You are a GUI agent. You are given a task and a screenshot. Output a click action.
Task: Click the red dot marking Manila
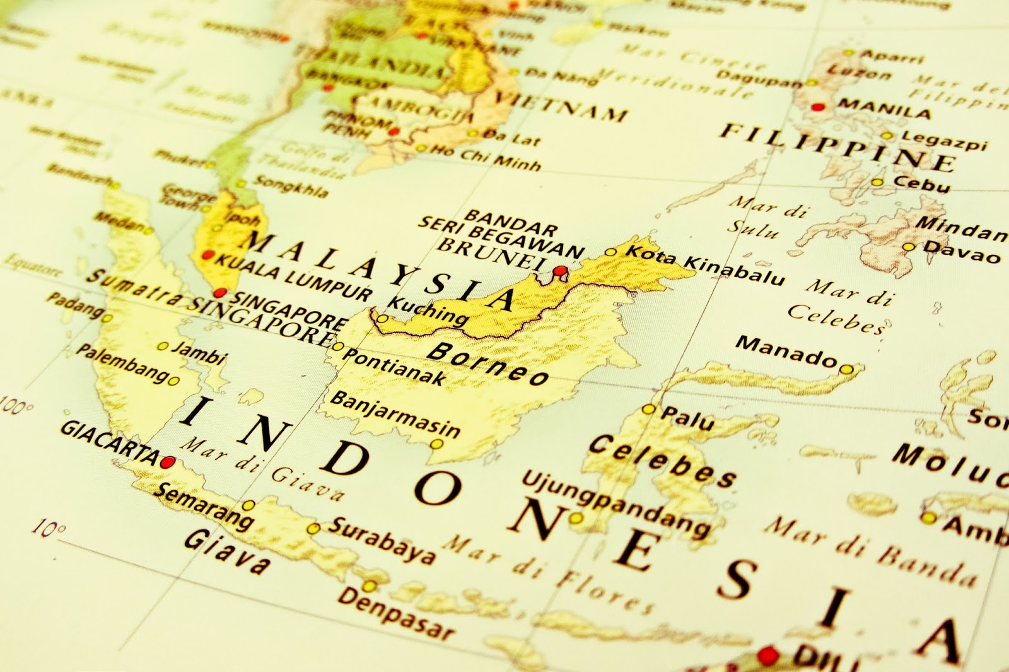pyautogui.click(x=818, y=107)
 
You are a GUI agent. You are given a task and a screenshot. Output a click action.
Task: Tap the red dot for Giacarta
pyautogui.click(x=167, y=462)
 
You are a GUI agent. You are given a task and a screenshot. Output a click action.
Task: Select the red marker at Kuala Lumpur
pyautogui.click(x=207, y=256)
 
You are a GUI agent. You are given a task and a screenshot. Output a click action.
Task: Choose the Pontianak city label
pyautogui.click(x=394, y=367)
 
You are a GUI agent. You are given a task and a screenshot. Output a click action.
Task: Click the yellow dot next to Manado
pyautogui.click(x=846, y=369)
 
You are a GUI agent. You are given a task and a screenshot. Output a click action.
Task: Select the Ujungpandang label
pyautogui.click(x=614, y=504)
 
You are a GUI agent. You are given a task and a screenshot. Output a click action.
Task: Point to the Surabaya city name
pyautogui.click(x=382, y=540)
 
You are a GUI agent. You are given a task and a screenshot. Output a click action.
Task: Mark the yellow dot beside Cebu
pyautogui.click(x=877, y=182)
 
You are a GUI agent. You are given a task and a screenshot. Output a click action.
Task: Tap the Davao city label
pyautogui.click(x=961, y=252)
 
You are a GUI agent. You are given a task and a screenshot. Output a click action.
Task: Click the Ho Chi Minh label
pyautogui.click(x=486, y=158)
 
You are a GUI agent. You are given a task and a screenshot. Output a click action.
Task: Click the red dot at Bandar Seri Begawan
pyautogui.click(x=559, y=271)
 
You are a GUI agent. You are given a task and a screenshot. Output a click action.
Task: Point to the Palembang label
pyautogui.click(x=122, y=362)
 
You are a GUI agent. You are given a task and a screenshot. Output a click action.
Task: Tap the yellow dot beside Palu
pyautogui.click(x=649, y=410)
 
